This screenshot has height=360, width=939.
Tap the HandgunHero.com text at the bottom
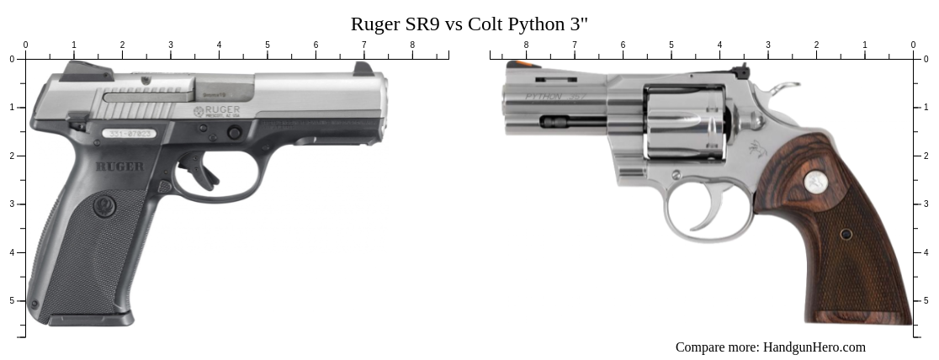pyautogui.click(x=814, y=347)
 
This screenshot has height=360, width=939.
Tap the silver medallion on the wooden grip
pyautogui.click(x=814, y=181)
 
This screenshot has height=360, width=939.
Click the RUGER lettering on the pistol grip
pyautogui.click(x=119, y=167)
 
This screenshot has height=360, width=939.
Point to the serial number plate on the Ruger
pyautogui.click(x=127, y=133)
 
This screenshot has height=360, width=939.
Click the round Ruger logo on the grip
pyautogui.click(x=104, y=205)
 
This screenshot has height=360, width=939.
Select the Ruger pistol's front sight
pyautogui.click(x=363, y=68)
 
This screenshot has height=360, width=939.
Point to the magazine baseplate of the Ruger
pyautogui.click(x=90, y=320)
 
